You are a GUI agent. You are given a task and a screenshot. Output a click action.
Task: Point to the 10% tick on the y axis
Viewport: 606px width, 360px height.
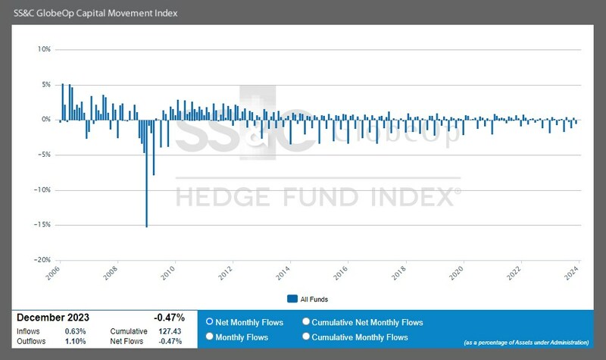pyautogui.click(x=44, y=49)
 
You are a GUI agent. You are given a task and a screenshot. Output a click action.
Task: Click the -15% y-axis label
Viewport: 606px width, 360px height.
pyautogui.click(x=42, y=224)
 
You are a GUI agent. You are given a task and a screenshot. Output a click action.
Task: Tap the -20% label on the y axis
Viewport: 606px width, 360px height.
pyautogui.click(x=42, y=259)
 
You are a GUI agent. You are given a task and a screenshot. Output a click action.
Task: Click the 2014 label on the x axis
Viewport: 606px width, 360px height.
pyautogui.click(x=285, y=274)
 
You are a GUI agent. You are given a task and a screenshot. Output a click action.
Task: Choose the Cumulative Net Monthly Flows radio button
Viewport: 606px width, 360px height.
pyautogui.click(x=306, y=322)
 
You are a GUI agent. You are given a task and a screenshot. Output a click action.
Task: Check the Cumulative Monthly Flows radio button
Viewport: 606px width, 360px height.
pyautogui.click(x=306, y=337)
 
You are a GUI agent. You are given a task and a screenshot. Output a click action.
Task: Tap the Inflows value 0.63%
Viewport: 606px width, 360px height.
pyautogui.click(x=75, y=332)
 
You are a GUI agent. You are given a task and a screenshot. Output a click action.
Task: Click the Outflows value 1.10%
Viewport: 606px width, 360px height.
pyautogui.click(x=75, y=342)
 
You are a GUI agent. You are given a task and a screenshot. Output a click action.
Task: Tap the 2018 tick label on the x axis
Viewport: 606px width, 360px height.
pyautogui.click(x=400, y=274)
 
